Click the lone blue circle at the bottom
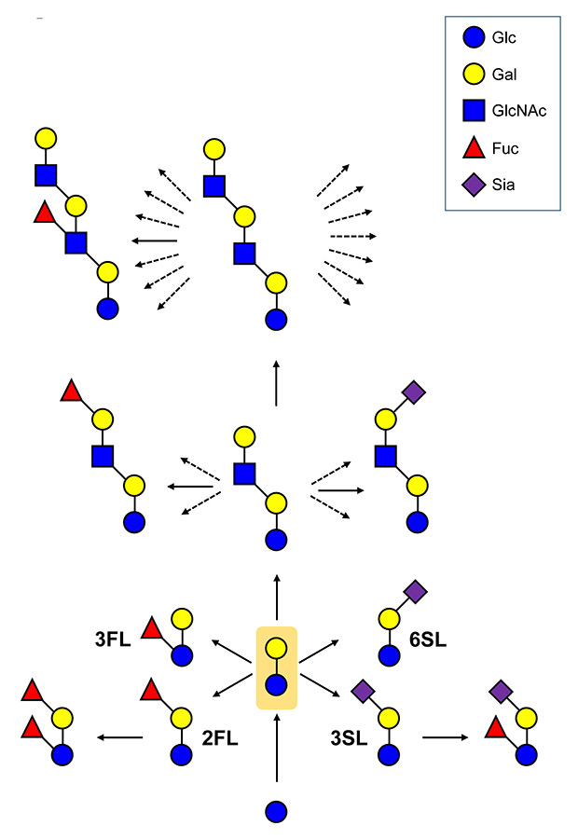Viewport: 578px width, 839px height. coord(276,811)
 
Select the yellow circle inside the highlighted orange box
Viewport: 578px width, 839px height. coord(276,649)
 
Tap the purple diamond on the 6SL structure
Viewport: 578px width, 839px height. coord(415,590)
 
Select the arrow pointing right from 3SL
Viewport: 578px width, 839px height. coord(447,738)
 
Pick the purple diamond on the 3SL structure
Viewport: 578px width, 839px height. coord(363,691)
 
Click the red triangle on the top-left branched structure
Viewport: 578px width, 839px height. coord(43,214)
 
